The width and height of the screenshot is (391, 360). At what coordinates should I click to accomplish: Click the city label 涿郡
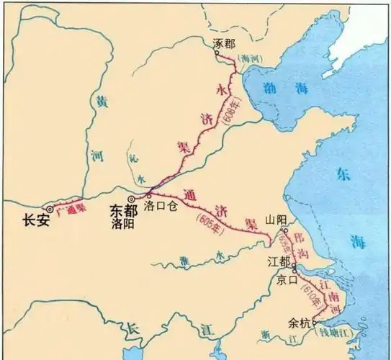[225, 43]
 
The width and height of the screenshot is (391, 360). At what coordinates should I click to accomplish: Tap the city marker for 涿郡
[221, 54]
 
